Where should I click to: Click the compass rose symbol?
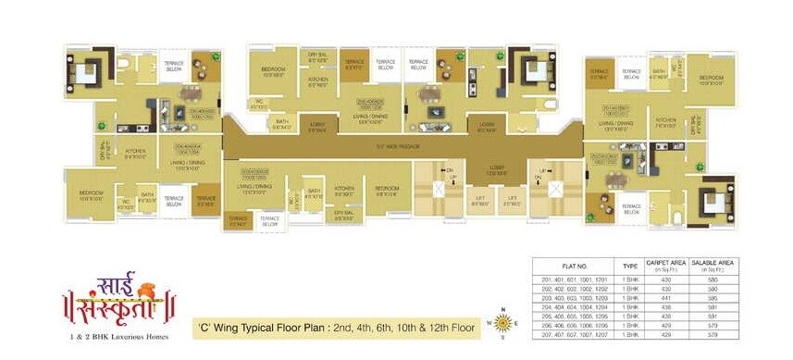point(503,323)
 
